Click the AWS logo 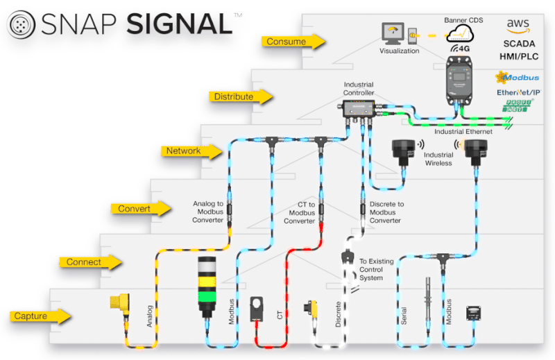click(518, 27)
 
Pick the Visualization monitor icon click(393, 33)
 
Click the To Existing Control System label click(376, 270)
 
